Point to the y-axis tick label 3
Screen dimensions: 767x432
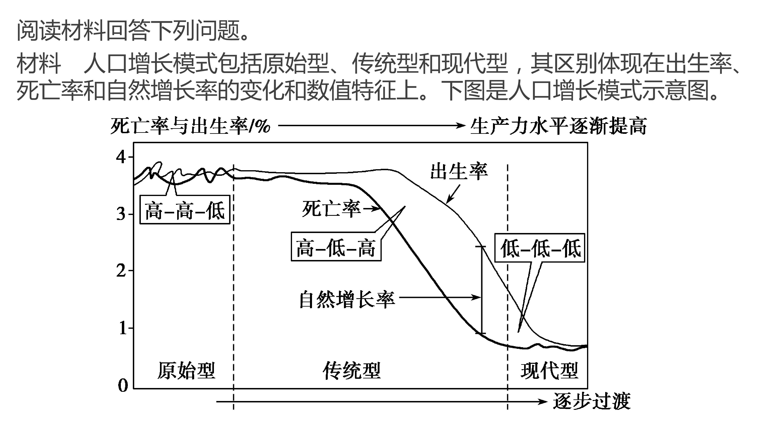click(121, 214)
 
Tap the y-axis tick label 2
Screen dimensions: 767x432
click(121, 271)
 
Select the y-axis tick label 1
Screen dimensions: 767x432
click(122, 328)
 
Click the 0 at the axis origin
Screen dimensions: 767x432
click(123, 385)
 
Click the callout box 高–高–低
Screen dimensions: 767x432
click(185, 210)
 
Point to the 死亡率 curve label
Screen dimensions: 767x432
click(331, 209)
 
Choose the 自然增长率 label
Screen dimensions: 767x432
click(347, 299)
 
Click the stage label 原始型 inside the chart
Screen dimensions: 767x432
click(186, 371)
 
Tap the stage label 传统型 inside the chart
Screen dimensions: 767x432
click(352, 371)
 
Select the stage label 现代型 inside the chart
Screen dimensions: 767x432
click(549, 371)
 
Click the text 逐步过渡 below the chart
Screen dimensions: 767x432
click(592, 401)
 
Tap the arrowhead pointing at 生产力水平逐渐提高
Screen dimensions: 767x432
click(460, 126)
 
